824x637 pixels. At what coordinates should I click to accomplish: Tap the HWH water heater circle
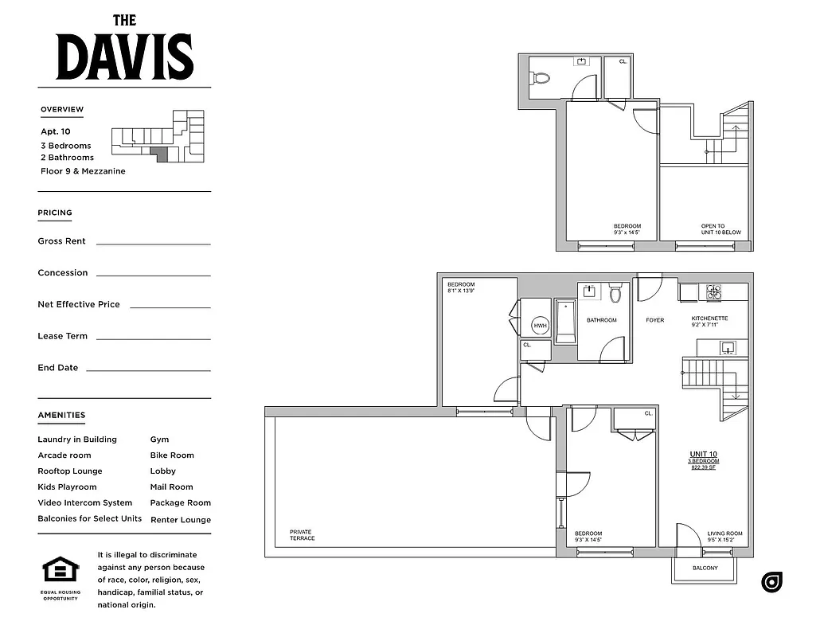541,326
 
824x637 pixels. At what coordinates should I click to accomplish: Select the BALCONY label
705,568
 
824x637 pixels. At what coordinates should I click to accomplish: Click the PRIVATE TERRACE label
302,535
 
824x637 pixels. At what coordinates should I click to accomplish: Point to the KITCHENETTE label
709,318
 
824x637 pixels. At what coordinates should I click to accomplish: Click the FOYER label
654,320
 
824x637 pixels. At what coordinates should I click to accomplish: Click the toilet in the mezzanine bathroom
541,78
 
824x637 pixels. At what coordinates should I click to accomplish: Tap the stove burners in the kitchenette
713,291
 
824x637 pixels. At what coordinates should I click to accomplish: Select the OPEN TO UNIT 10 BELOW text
721,229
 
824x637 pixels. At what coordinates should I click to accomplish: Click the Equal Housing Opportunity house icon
61,570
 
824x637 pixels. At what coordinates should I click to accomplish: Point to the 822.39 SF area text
704,468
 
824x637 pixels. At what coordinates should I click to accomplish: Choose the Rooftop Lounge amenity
70,471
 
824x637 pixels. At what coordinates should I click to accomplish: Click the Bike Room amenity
172,455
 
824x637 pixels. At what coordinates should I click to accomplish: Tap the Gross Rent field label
61,241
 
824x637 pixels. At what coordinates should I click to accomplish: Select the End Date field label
57,368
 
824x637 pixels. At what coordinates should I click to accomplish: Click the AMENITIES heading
61,415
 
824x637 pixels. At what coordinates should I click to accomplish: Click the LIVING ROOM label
724,533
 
